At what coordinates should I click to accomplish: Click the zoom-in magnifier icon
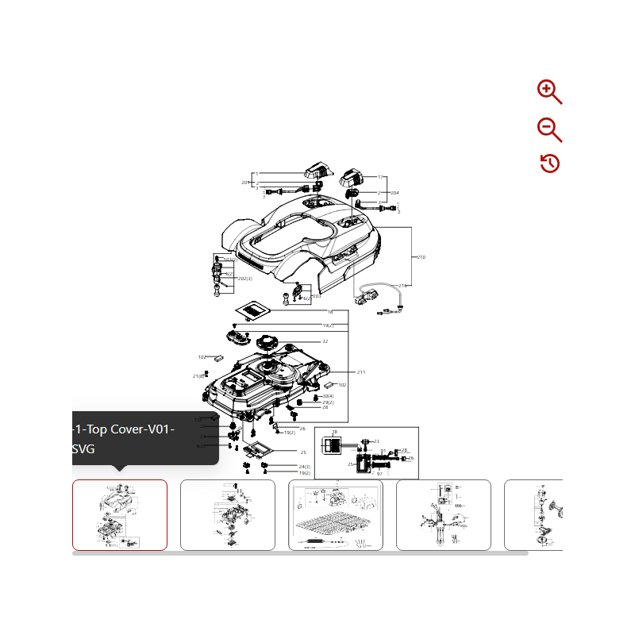[x=548, y=91]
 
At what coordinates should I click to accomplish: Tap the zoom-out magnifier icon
[x=548, y=129]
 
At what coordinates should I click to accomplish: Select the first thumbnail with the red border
[x=120, y=514]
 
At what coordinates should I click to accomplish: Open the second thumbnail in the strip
[x=228, y=514]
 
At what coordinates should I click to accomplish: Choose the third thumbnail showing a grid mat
[x=335, y=514]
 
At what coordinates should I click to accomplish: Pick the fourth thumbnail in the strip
[x=443, y=514]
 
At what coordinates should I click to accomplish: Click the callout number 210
[x=421, y=257]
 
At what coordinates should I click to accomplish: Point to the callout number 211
[x=360, y=372]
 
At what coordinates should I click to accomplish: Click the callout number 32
[x=325, y=341]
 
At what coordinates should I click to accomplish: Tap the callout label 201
[x=246, y=183]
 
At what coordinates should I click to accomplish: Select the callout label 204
[x=394, y=193]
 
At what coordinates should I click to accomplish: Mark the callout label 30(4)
[x=328, y=395]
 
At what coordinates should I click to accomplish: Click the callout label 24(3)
[x=304, y=466]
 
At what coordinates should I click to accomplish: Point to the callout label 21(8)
[x=198, y=376]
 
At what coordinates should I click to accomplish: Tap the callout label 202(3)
[x=245, y=279]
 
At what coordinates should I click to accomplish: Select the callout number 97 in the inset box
[x=379, y=473]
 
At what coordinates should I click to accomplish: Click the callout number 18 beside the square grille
[x=329, y=312]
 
